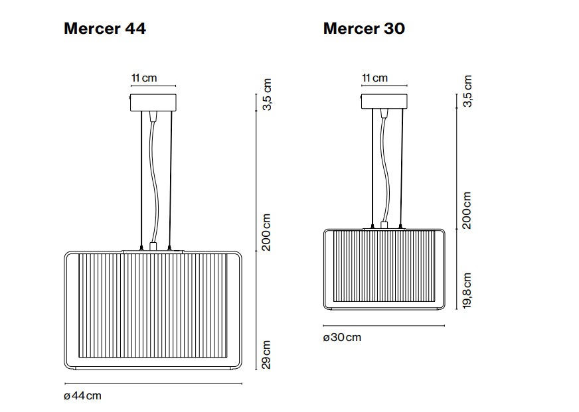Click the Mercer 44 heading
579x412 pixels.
point(105,29)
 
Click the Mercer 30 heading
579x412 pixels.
point(364,29)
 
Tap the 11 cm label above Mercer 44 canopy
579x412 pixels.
point(144,78)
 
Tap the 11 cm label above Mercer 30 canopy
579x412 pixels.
point(374,78)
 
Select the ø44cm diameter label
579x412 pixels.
point(82,396)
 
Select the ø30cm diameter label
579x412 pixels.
point(342,338)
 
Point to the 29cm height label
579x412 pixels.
point(266,354)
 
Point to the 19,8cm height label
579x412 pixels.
point(467,291)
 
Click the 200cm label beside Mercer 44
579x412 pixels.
point(266,232)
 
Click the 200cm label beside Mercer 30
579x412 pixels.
point(467,210)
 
